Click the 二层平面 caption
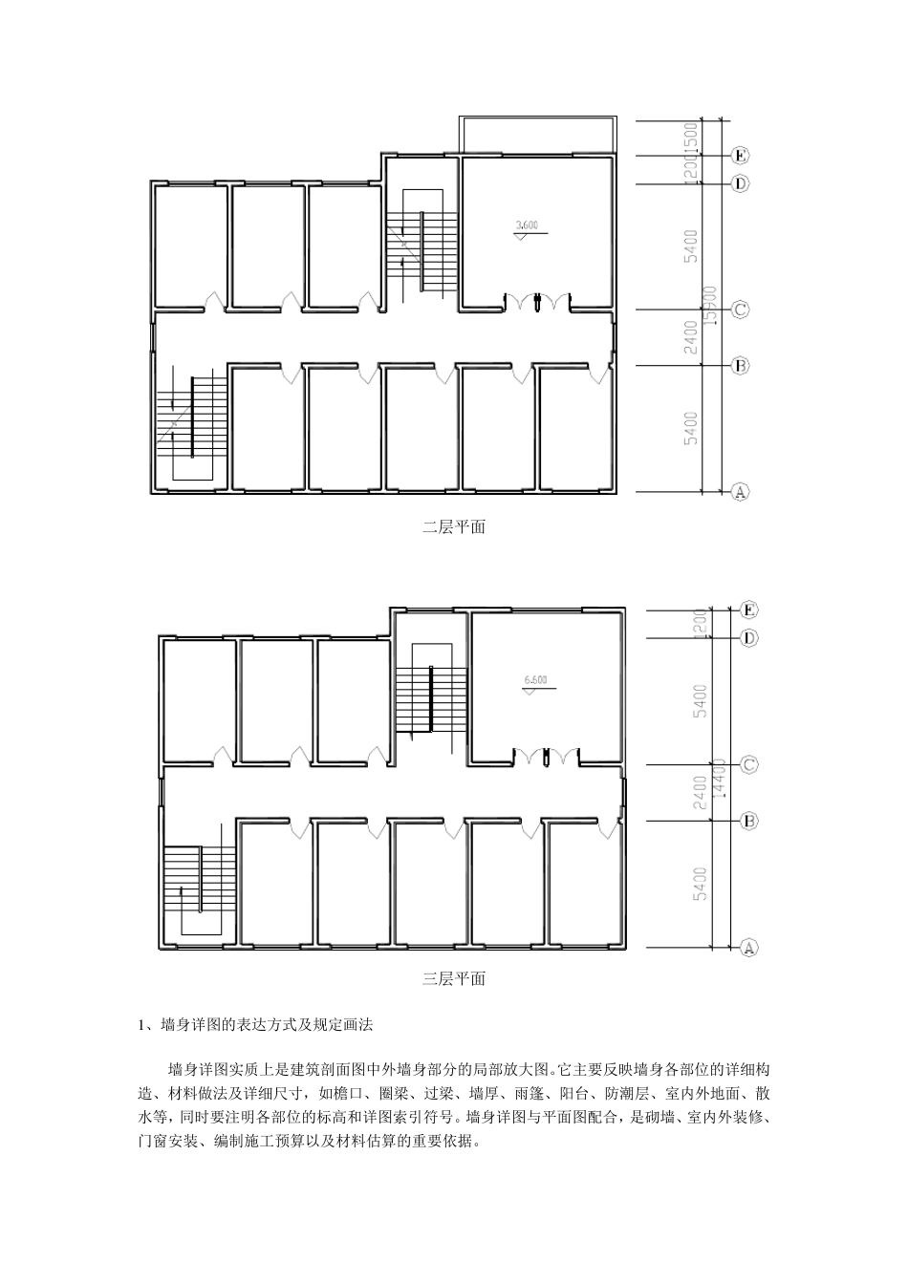(454, 527)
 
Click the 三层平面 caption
(454, 979)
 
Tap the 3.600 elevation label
(527, 225)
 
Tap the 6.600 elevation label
(536, 681)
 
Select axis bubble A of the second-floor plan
(739, 492)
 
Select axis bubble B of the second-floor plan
(739, 365)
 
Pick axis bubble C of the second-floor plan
(739, 310)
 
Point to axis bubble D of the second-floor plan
(739, 183)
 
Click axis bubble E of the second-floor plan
(739, 155)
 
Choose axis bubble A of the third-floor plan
(749, 948)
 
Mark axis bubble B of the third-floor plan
(749, 820)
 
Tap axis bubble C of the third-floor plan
(749, 764)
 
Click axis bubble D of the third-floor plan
(749, 637)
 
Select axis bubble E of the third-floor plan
(749, 610)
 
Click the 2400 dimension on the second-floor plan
(691, 338)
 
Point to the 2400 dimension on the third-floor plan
(701, 793)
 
